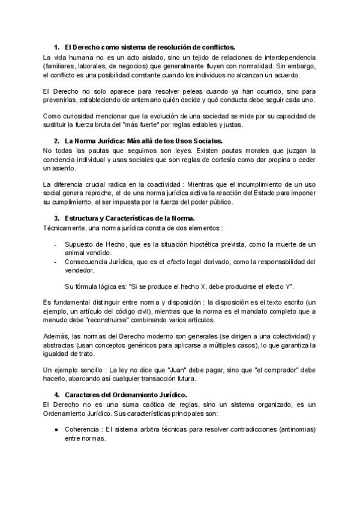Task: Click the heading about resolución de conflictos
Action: [149, 47]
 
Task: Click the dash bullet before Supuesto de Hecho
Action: [56, 245]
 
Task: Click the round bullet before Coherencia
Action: [56, 430]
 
